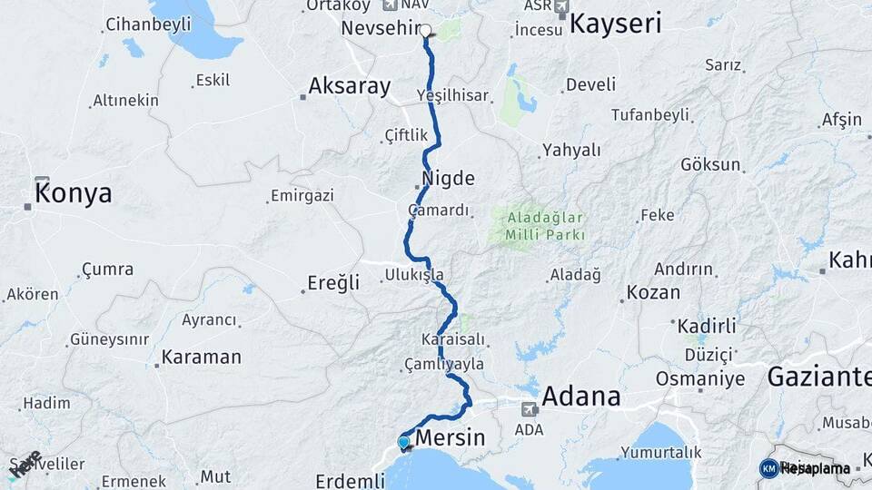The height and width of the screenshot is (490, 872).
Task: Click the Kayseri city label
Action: coord(615,24)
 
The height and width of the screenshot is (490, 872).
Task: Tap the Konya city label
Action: coord(74,193)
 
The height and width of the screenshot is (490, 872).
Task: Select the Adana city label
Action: coord(581,397)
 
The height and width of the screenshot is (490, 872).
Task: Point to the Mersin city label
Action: coord(450,439)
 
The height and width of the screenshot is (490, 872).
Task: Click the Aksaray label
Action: coord(350,86)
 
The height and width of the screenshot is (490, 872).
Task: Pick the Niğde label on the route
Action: coord(448,177)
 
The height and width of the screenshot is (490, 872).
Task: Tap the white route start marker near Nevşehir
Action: coord(425,30)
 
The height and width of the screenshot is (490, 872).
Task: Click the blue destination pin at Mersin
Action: coord(403,443)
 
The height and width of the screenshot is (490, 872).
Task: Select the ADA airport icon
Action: coord(528,409)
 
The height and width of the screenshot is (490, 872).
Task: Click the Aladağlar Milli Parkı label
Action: coord(540,226)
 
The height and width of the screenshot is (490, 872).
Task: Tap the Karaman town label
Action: coord(201,357)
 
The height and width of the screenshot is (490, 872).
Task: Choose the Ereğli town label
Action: coord(332,283)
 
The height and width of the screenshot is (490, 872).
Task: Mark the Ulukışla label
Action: coord(413,274)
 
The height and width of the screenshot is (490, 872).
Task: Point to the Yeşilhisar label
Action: coord(451,95)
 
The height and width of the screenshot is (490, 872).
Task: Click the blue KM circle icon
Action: coord(768,468)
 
